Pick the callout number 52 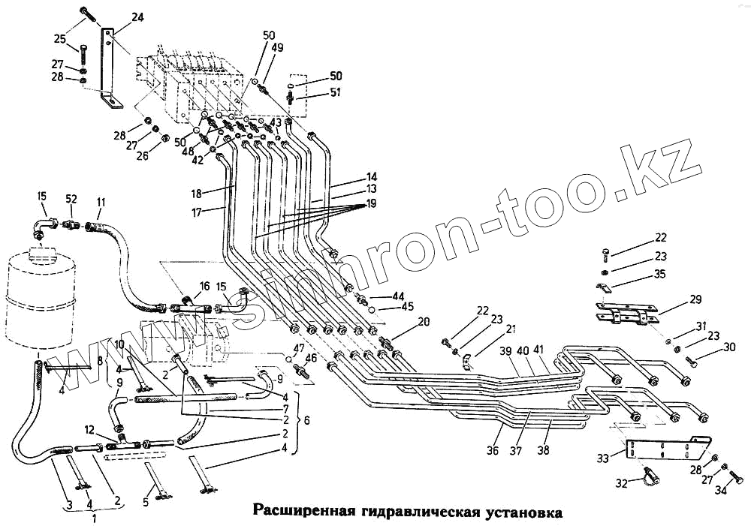71,200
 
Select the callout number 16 204,286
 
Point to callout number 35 659,274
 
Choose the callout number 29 695,299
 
